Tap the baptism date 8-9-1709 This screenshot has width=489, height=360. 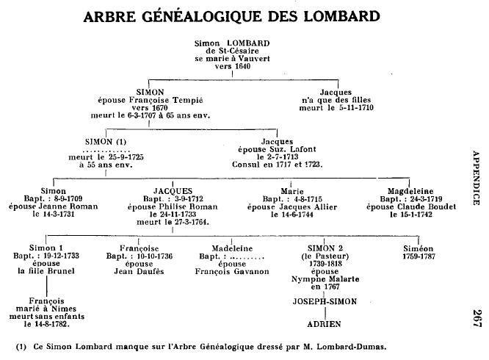pyautogui.click(x=56, y=198)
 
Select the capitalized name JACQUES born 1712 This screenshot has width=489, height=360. pyautogui.click(x=173, y=190)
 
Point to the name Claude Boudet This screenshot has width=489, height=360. pyautogui.click(x=416, y=206)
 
